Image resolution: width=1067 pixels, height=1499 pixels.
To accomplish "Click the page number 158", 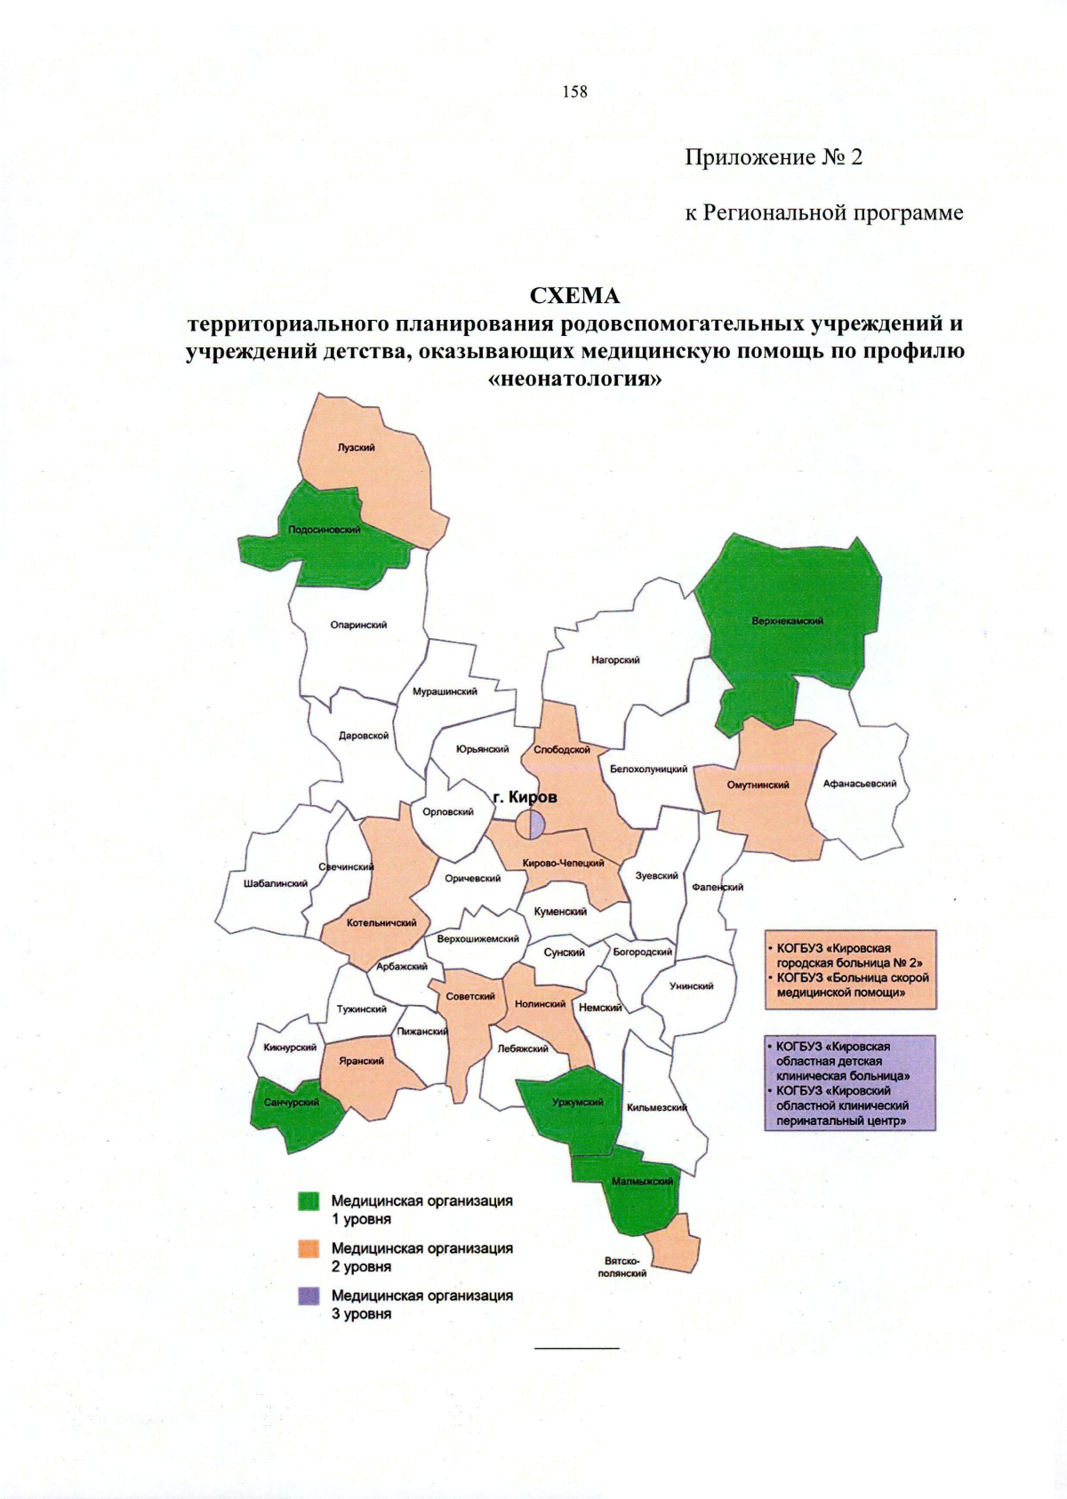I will tap(574, 92).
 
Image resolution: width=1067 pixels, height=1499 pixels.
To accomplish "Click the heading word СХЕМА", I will tap(574, 294).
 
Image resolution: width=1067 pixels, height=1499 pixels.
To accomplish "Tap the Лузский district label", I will tap(356, 448).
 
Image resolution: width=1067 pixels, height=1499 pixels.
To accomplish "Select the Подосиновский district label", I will tap(325, 530).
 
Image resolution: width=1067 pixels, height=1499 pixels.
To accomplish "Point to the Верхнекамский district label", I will tap(787, 621).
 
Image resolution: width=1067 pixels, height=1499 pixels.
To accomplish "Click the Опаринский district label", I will tap(358, 626).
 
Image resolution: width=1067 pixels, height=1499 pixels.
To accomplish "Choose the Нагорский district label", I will tap(615, 660).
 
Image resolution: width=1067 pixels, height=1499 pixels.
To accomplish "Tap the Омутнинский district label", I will tap(758, 785).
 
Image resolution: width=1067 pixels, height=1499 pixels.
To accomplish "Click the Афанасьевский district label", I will tap(859, 784).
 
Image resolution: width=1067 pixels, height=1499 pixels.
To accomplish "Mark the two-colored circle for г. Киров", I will tap(530, 825).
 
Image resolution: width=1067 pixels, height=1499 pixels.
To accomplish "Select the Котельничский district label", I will tap(381, 923).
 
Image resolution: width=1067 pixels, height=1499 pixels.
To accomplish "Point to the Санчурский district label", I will tap(291, 1103).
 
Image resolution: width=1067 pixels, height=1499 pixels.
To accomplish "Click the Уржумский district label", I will tap(577, 1103).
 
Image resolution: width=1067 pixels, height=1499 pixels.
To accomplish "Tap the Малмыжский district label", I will tap(642, 1182).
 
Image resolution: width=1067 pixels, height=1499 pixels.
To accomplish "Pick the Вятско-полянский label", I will tap(622, 1267).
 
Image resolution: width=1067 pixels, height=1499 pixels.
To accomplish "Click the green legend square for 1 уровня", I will tap(309, 1201).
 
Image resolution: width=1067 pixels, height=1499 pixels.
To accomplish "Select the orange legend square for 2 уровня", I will tap(309, 1249).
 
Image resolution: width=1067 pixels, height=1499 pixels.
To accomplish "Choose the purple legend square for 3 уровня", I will tap(309, 1296).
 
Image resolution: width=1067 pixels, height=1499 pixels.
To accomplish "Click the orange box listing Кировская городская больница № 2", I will tap(850, 970).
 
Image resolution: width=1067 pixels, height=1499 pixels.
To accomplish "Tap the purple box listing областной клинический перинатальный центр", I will tap(850, 1083).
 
